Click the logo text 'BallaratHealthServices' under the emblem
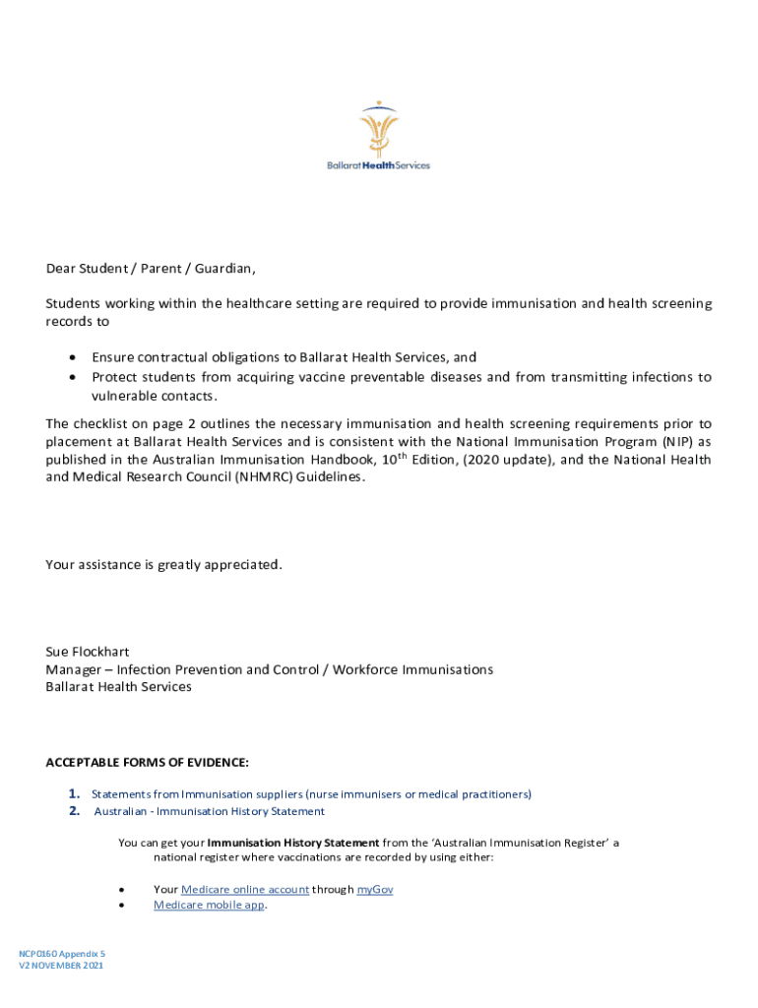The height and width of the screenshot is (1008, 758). (379, 165)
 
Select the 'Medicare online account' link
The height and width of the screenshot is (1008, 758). (231, 890)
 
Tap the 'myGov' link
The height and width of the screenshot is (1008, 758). (375, 890)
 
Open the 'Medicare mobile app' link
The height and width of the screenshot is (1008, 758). (209, 906)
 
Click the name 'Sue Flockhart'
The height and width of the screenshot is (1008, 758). (88, 652)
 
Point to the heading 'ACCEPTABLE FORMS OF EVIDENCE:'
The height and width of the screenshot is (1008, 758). (148, 763)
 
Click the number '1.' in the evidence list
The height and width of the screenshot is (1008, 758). (75, 793)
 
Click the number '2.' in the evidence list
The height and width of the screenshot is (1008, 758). (75, 811)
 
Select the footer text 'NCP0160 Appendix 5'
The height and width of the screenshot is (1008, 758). (61, 954)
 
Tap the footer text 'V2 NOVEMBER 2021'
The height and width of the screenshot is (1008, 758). (60, 966)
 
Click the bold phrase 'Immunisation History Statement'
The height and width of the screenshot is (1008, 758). (293, 844)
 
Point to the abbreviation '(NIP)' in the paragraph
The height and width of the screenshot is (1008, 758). (679, 442)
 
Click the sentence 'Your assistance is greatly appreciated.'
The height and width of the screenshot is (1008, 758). (164, 565)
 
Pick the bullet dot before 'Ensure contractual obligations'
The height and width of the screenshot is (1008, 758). (74, 358)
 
